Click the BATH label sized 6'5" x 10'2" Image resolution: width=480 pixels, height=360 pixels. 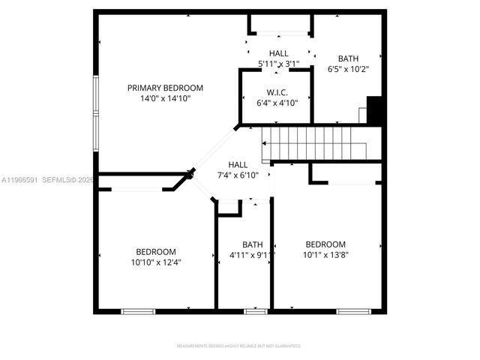[348, 58]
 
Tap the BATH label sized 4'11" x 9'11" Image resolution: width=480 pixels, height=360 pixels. [253, 244]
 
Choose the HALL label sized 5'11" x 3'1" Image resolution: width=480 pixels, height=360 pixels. [279, 53]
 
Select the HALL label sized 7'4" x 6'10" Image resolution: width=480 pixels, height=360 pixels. [238, 165]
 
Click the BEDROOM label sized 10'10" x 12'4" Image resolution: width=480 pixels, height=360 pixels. [156, 252]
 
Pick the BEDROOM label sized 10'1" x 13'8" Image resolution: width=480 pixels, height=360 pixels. [325, 244]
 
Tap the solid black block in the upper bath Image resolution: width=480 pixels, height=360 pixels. [376, 110]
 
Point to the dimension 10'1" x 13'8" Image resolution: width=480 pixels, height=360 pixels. [325, 254]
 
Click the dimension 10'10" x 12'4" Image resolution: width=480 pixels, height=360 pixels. [156, 262]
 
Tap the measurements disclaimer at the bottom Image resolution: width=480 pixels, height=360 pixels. [239, 346]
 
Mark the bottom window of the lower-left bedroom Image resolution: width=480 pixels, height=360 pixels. [139, 310]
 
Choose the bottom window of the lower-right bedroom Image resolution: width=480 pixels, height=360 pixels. [353, 310]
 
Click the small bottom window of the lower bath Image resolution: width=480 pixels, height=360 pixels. [256, 310]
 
